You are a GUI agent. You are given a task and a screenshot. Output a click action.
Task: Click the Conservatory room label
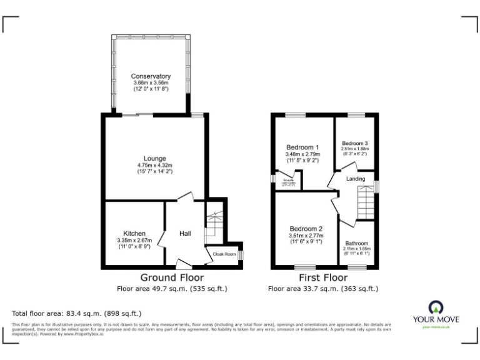point(151,76)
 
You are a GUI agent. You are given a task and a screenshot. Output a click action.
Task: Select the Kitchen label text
point(134,233)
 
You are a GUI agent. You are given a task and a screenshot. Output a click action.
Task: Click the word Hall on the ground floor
point(185,234)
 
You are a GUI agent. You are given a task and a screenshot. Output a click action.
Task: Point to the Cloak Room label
point(224,254)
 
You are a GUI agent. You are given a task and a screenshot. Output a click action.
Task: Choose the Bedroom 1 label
point(302,147)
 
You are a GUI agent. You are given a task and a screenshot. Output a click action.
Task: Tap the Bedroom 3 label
point(354,143)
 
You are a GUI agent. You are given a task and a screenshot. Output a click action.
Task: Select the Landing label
point(356,179)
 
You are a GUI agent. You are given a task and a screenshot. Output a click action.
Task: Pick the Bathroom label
point(356,243)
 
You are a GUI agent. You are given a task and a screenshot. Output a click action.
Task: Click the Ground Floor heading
point(171,277)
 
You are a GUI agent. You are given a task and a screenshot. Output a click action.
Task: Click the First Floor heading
point(323,277)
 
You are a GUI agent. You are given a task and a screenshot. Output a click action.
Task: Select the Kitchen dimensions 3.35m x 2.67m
point(134,241)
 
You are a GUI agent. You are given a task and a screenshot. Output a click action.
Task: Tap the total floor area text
point(77,312)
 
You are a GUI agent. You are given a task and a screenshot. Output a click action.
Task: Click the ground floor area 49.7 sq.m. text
point(172,289)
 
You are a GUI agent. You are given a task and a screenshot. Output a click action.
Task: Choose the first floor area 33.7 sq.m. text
point(323,289)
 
